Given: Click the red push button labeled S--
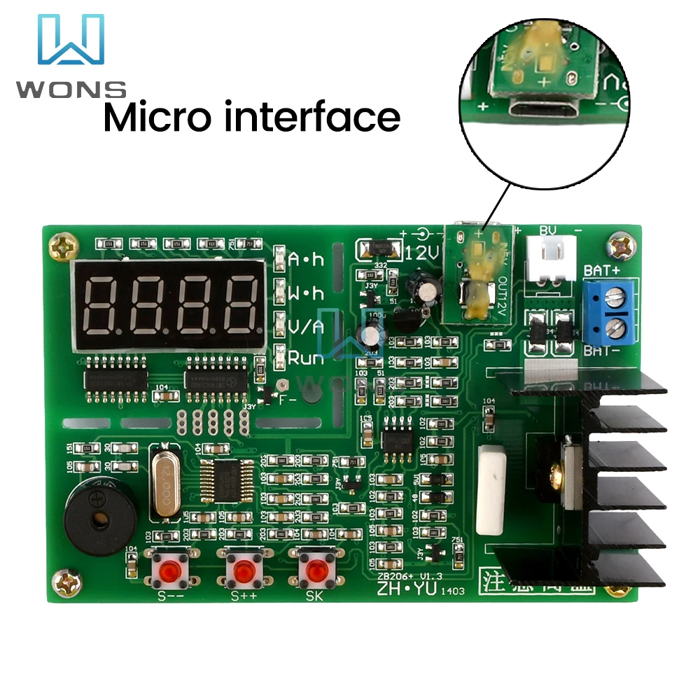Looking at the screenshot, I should [169, 569].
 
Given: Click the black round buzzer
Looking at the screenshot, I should [97, 517].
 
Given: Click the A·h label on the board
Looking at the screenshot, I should [307, 260].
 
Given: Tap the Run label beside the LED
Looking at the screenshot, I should [307, 358].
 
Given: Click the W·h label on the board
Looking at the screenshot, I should [307, 292].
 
